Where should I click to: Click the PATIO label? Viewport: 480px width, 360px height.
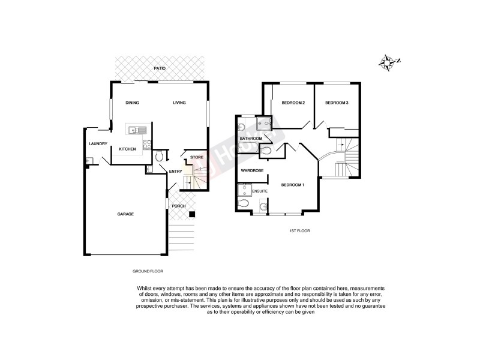[160, 69]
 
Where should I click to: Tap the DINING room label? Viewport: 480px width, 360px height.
[132, 103]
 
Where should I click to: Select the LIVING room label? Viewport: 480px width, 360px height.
[179, 103]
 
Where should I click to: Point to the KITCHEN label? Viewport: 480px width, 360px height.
[127, 149]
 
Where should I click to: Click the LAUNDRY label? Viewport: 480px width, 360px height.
[97, 144]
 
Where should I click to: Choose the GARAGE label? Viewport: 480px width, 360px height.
[125, 214]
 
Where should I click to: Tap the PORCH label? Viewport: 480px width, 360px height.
[179, 206]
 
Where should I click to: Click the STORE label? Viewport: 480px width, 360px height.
[197, 157]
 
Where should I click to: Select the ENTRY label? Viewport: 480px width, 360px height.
[175, 172]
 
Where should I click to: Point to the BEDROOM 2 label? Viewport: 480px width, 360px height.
[293, 103]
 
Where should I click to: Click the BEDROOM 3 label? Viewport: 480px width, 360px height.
[337, 103]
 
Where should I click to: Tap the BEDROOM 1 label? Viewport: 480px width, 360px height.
[293, 184]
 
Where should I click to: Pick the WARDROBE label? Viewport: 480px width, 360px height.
[252, 171]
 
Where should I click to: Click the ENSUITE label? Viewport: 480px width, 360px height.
[259, 191]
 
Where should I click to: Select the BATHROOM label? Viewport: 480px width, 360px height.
[251, 139]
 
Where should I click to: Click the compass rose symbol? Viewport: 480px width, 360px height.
[389, 61]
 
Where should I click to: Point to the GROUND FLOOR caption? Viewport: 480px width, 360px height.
[147, 271]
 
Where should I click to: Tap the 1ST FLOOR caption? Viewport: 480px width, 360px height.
[299, 230]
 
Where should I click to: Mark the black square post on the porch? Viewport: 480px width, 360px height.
[191, 214]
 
